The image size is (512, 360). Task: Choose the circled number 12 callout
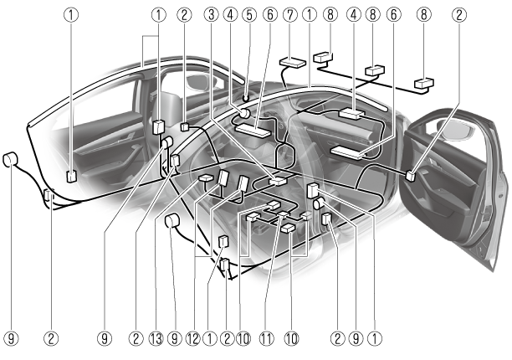coord(194,338)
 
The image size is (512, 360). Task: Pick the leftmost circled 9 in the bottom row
coord(12,338)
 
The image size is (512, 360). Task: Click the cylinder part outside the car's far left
coord(12,160)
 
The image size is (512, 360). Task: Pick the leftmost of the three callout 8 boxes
coord(323,59)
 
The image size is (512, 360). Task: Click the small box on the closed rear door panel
coord(71,177)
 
